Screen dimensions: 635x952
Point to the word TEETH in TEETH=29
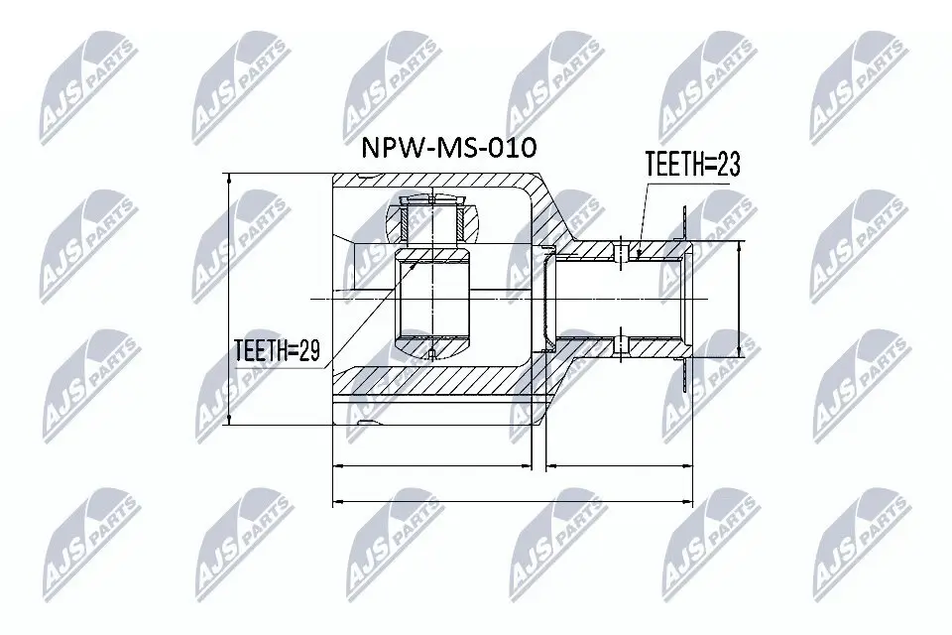coord(259,350)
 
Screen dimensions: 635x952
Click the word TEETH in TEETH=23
coord(673,165)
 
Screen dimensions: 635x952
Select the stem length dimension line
coord(620,463)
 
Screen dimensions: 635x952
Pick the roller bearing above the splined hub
coord(433,220)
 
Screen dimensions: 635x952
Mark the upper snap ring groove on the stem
coord(620,251)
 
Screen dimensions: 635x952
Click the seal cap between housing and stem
coord(546,299)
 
